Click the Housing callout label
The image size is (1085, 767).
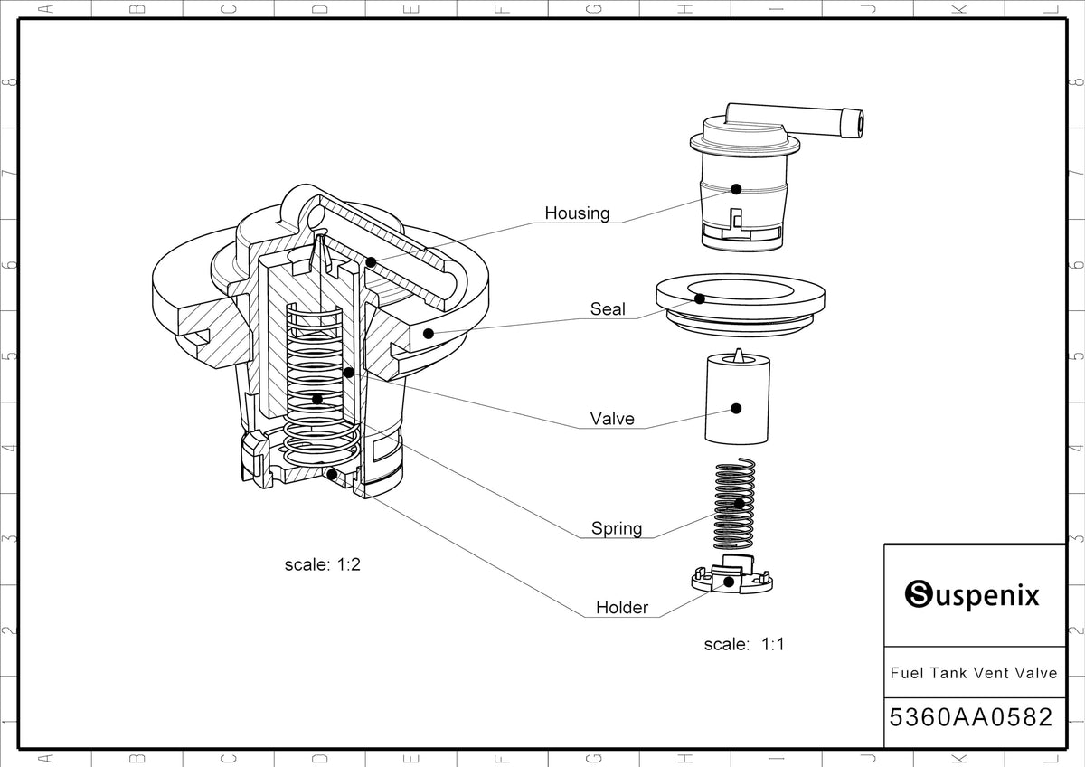tap(577, 213)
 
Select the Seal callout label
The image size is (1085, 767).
tap(608, 309)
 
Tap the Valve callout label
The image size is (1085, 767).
tap(612, 419)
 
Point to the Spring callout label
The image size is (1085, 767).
tap(617, 528)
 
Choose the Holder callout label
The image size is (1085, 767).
tap(621, 608)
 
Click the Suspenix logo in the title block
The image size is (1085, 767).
tap(973, 595)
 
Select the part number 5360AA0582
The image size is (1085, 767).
tap(971, 718)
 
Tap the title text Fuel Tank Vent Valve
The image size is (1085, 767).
tap(973, 673)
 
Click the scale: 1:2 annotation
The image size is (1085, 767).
tap(323, 564)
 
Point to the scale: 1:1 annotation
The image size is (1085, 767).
tap(743, 645)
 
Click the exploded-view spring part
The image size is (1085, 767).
tap(735, 507)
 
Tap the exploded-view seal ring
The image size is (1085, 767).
tap(740, 298)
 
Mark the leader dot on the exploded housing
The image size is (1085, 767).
tap(736, 189)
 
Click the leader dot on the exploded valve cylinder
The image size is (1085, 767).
tap(736, 409)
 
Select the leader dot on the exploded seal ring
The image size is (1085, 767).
tap(699, 298)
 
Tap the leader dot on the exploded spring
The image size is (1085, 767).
tap(739, 503)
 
